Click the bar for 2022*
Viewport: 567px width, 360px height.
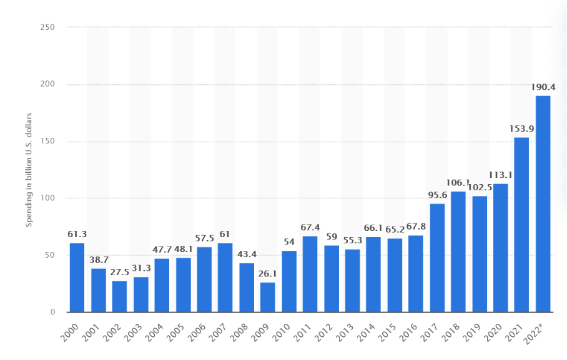pos(543,203)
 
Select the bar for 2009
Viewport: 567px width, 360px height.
pos(267,297)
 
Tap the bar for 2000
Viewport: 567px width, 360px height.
pos(77,278)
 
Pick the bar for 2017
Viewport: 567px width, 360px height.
pos(437,258)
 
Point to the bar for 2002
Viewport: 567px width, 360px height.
pos(119,296)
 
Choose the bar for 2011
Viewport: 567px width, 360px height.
pos(310,274)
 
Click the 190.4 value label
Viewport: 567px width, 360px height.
pos(543,87)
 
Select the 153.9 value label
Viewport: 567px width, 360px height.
pos(522,129)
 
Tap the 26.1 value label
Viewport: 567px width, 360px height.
pos(267,274)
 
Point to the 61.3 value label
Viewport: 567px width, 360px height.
pos(77,235)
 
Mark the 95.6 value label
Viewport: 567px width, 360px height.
pos(437,195)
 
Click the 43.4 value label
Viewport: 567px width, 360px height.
pos(246,255)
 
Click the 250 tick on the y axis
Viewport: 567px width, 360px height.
pos(47,27)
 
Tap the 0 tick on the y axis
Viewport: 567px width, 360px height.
pos(52,313)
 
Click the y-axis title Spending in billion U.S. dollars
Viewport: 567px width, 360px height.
pos(29,170)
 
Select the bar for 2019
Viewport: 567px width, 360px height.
pos(480,254)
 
